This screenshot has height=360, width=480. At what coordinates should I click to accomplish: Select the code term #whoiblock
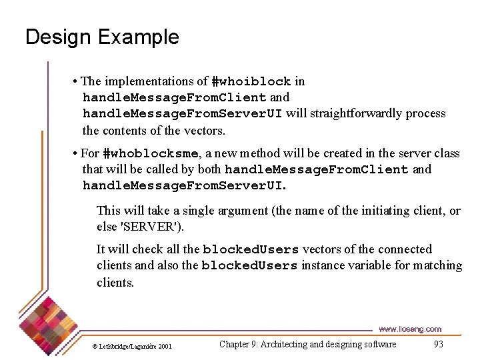click(x=251, y=81)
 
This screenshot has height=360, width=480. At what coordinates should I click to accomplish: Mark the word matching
click(x=437, y=265)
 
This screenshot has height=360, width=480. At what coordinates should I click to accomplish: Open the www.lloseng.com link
click(x=409, y=329)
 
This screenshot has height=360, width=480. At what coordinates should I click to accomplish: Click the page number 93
click(x=438, y=345)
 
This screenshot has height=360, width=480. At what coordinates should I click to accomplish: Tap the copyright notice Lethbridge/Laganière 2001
click(x=131, y=346)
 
